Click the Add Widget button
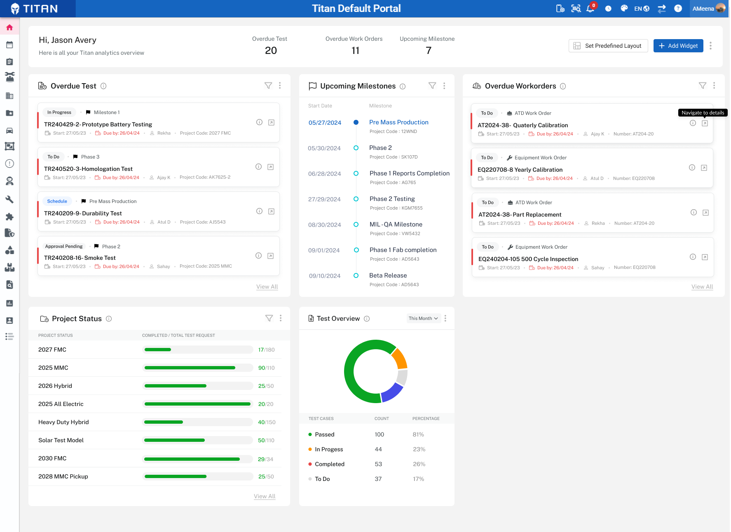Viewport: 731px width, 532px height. [678, 46]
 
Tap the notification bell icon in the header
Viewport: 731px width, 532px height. [590, 9]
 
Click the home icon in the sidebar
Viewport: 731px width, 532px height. [9, 28]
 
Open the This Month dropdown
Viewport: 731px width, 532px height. [424, 318]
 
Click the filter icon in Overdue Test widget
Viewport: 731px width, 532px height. [268, 86]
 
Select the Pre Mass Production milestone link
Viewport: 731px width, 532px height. [399, 122]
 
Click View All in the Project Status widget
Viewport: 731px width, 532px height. [265, 496]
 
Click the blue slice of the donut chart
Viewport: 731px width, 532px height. [392, 393]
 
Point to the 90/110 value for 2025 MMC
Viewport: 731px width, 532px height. [266, 368]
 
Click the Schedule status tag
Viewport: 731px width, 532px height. [57, 201]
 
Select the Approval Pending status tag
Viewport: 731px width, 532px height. [64, 246]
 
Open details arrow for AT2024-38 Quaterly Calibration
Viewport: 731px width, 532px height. [705, 124]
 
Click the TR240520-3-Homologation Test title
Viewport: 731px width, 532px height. [88, 169]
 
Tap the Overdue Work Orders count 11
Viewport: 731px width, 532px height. [355, 51]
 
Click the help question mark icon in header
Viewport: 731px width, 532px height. [678, 9]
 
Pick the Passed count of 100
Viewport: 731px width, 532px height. [379, 434]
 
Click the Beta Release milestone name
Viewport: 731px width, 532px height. [388, 275]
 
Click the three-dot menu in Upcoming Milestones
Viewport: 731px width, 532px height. [444, 86]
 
